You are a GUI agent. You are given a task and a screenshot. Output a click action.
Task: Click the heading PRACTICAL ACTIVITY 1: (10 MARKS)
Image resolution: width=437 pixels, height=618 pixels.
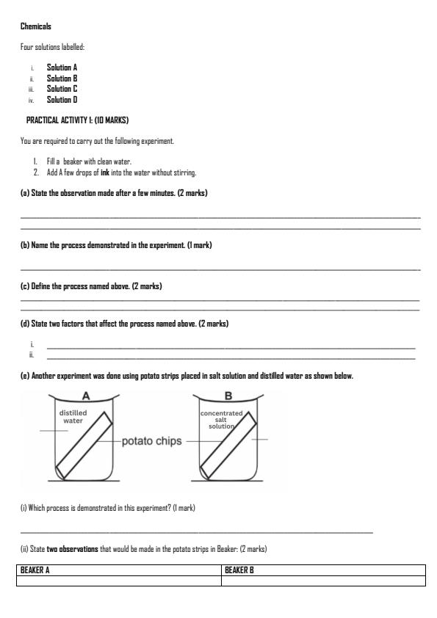(78, 120)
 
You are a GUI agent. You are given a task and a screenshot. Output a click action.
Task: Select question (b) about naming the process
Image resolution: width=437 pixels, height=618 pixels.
(116, 244)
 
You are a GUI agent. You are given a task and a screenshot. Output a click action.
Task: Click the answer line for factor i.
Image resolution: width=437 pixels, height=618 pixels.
(231, 346)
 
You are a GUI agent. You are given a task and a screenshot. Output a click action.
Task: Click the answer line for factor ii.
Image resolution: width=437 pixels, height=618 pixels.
(231, 357)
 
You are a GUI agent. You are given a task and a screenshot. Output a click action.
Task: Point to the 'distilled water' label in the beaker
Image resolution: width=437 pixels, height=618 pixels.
(73, 417)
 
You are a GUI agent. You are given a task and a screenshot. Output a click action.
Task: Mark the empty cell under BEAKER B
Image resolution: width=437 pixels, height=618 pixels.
(323, 581)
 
